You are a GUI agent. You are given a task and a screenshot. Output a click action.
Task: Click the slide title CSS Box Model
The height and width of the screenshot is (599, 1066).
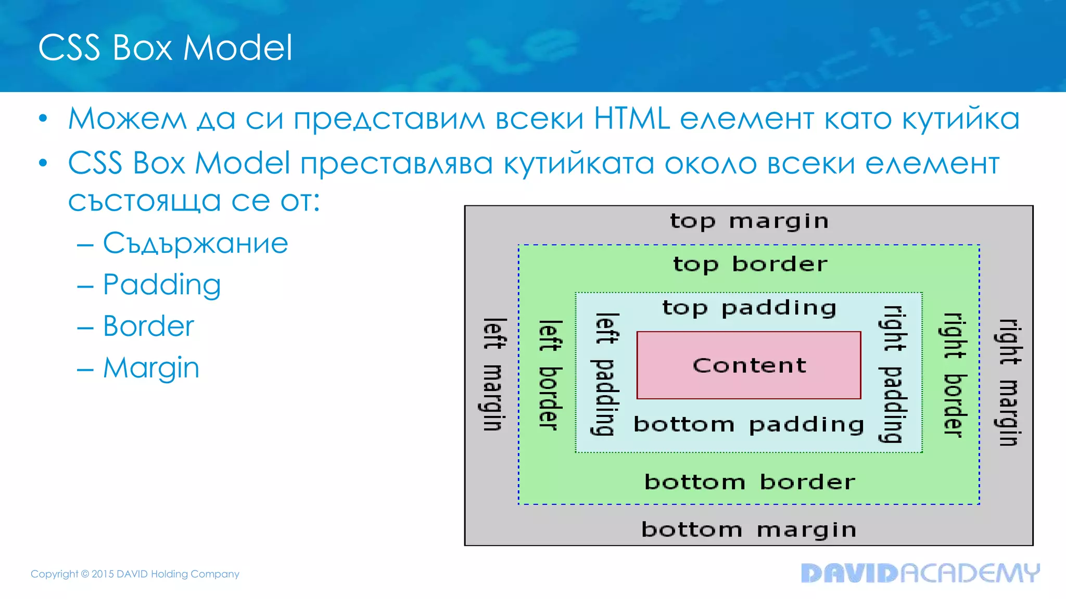(x=165, y=48)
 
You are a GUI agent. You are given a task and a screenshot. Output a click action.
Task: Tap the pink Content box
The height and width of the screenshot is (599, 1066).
(x=748, y=366)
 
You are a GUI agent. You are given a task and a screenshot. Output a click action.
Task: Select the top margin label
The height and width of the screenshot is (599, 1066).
(x=748, y=222)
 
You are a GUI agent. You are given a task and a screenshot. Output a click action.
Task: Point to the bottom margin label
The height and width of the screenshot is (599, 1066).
(x=748, y=530)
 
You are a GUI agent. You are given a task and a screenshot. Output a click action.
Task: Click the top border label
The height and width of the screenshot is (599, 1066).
(x=750, y=265)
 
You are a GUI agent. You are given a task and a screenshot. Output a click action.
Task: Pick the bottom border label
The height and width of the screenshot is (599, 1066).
(x=750, y=482)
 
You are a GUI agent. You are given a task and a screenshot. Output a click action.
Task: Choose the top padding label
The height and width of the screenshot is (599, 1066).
(x=748, y=308)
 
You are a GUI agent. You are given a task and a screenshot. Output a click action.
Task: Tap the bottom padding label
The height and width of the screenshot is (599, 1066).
(x=748, y=425)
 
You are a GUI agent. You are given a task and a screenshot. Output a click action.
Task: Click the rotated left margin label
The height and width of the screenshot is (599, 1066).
(x=493, y=374)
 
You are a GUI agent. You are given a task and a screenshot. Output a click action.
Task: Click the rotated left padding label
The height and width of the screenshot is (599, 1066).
(x=606, y=374)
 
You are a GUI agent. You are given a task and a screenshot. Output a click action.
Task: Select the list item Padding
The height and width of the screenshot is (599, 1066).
(x=161, y=285)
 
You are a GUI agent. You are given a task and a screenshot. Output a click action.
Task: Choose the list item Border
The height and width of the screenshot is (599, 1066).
(x=148, y=327)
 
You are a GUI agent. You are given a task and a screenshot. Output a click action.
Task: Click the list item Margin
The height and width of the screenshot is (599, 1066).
(x=151, y=368)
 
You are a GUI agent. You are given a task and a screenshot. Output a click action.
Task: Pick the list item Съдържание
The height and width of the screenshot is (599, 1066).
(x=195, y=243)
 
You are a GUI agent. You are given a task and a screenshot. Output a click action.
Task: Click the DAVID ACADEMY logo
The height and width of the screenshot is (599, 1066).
(x=920, y=573)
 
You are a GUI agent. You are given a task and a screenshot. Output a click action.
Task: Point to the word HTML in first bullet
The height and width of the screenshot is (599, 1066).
(x=631, y=119)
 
